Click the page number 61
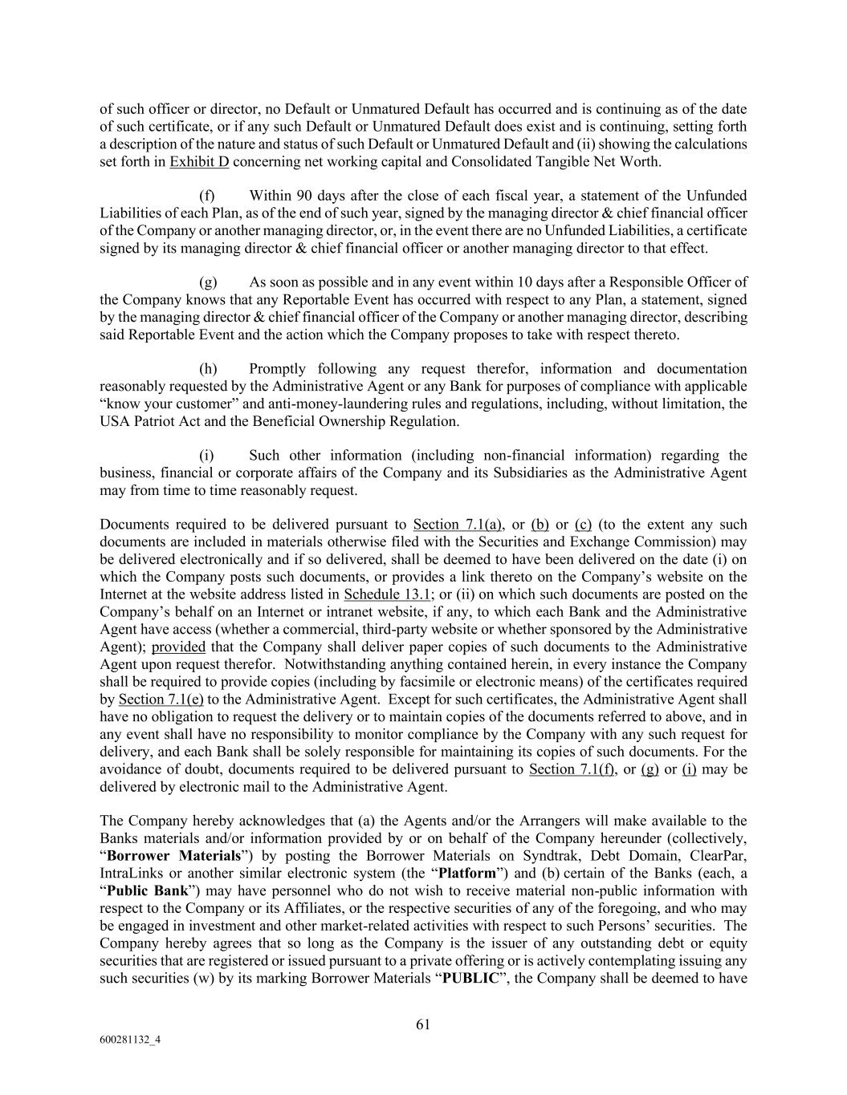[x=423, y=1024]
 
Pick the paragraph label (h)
[x=208, y=369]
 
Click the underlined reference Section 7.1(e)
[x=161, y=700]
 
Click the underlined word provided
[x=178, y=647]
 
